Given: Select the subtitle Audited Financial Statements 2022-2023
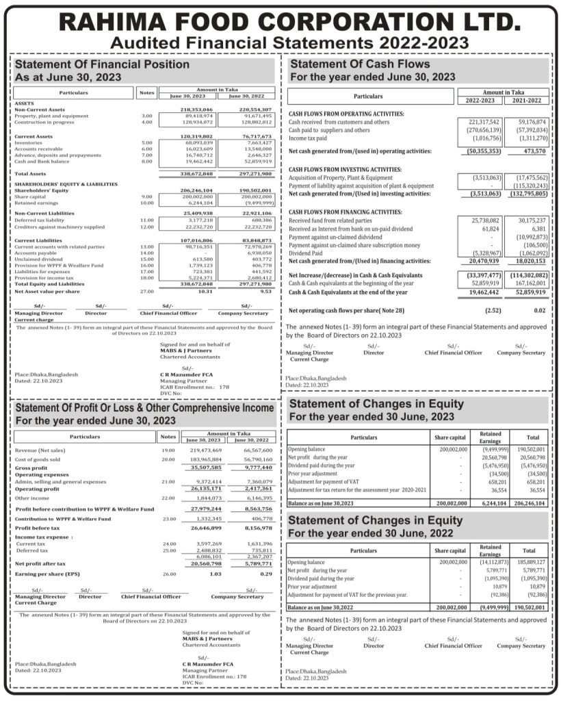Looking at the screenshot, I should (x=280, y=43).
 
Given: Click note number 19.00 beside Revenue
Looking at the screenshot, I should (x=168, y=450).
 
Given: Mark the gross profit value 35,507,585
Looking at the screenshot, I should (x=204, y=468).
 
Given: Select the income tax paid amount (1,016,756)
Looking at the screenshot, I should (x=483, y=138).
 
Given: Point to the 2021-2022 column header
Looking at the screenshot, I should (x=525, y=100).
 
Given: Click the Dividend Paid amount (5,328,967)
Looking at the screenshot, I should (x=482, y=253).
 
